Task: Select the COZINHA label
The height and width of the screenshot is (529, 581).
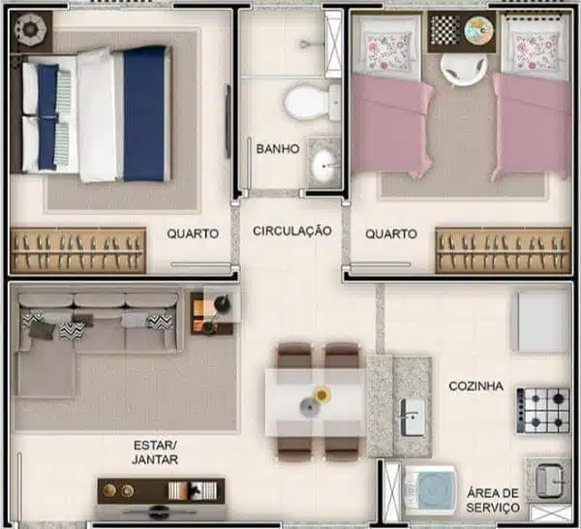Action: coord(475,386)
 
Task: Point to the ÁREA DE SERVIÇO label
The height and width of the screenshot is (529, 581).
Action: coord(493,499)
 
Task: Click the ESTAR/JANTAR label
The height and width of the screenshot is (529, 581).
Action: coord(155,452)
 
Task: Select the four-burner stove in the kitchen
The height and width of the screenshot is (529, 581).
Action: coord(542,410)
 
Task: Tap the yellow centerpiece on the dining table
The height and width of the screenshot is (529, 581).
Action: coord(320,394)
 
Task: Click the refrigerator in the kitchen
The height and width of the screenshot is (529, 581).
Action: coord(542,321)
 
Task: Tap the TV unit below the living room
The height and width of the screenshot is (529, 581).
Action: coord(161,490)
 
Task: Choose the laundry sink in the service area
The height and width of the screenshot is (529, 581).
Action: coord(548,478)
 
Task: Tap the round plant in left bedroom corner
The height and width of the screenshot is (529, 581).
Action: coord(31,31)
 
